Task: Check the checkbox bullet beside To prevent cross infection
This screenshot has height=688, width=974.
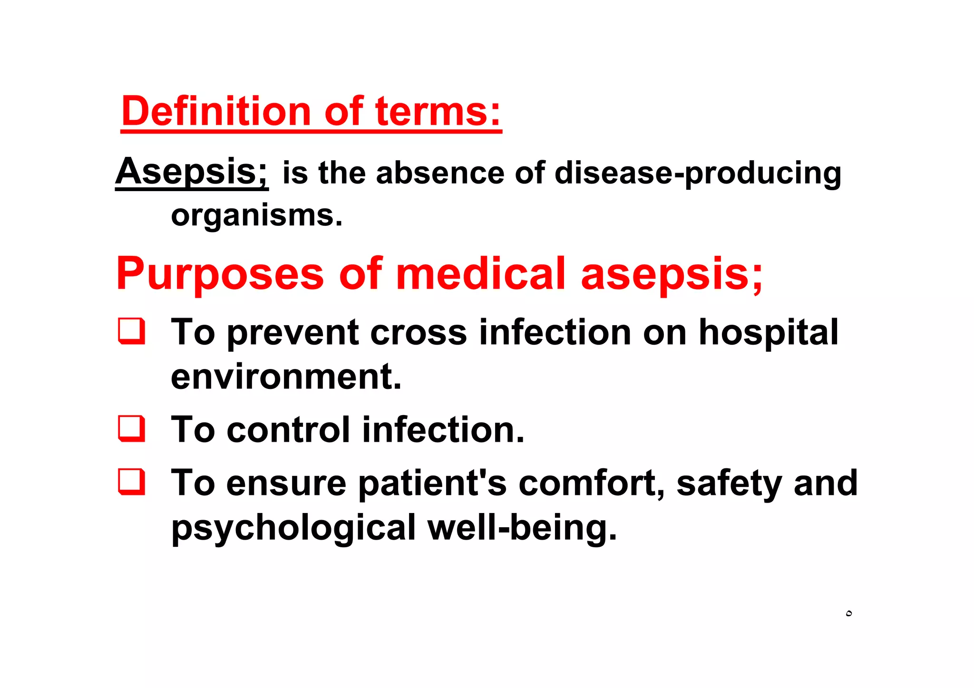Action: [132, 331]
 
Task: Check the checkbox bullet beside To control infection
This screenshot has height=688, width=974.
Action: [132, 429]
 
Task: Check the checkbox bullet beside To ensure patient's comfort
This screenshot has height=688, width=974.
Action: [132, 482]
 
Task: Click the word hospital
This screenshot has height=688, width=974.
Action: [768, 333]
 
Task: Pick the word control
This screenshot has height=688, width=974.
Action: [288, 430]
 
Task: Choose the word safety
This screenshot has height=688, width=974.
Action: [729, 484]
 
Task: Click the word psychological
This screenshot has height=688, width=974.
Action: [293, 528]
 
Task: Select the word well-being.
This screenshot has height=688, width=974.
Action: [522, 528]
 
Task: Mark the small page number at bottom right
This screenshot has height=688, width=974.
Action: [849, 614]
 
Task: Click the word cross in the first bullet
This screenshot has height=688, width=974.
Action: [418, 333]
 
